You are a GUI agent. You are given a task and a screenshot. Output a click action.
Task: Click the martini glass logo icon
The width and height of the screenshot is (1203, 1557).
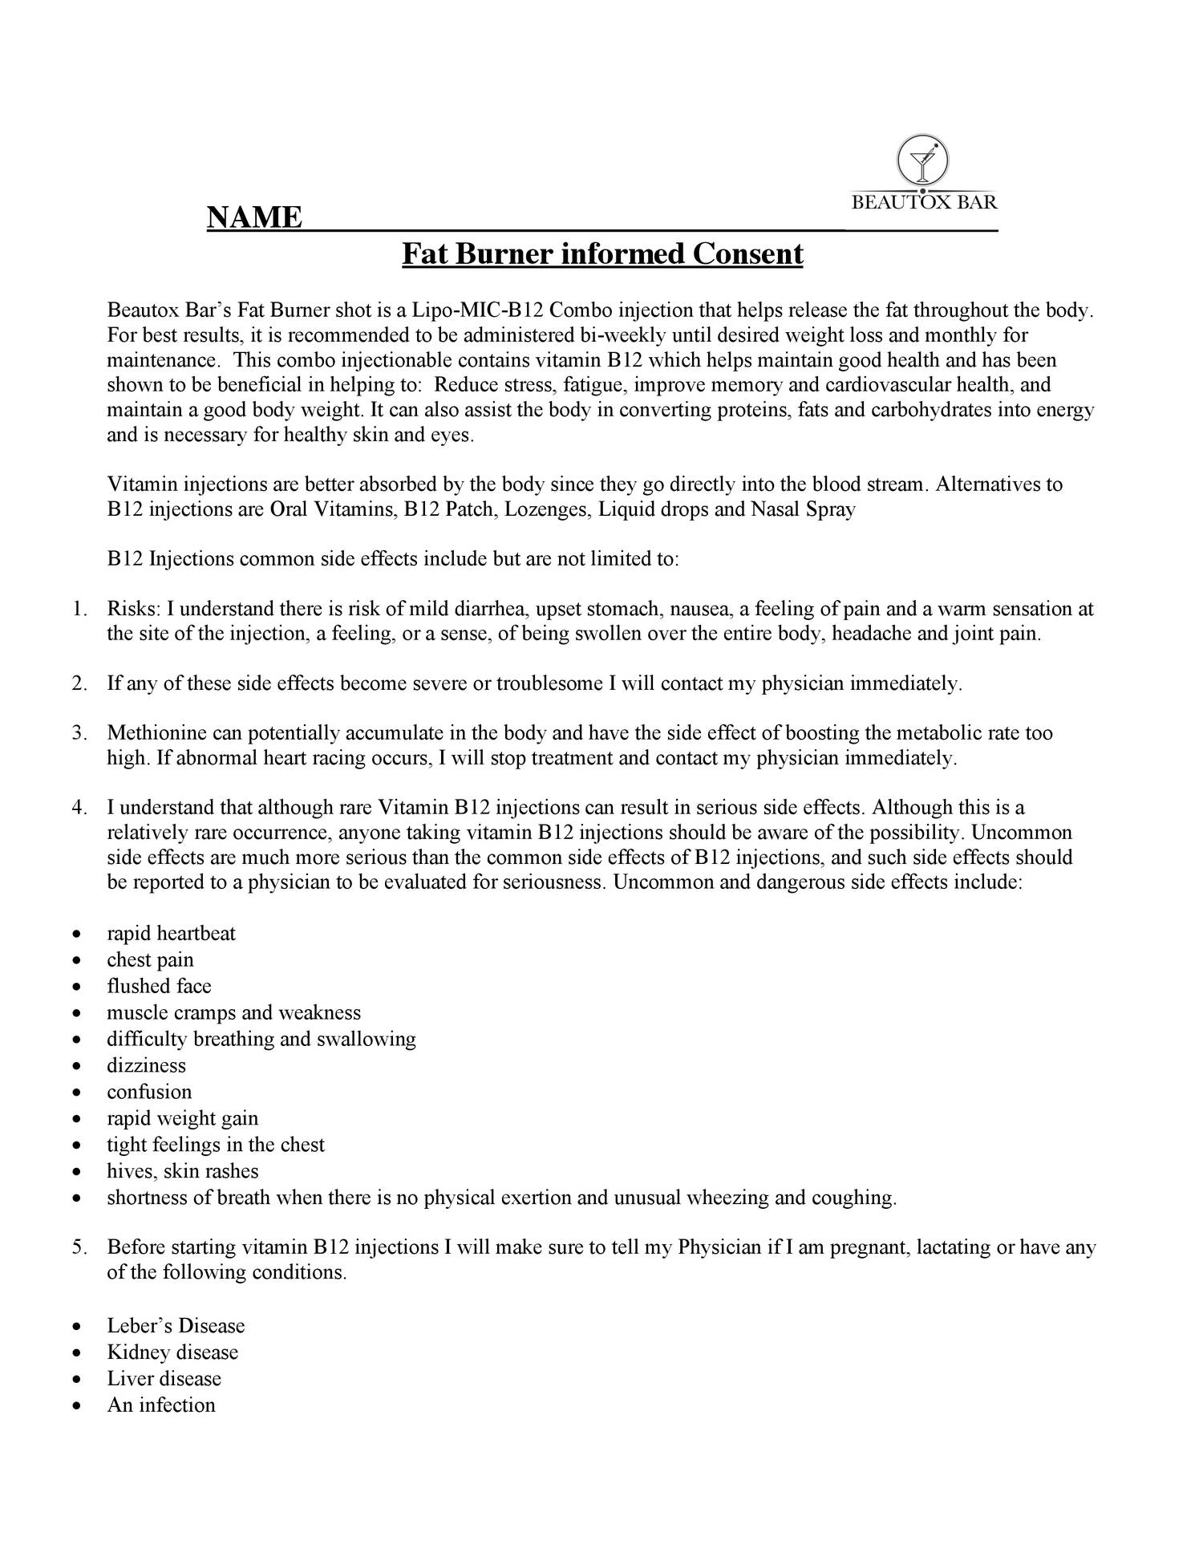click(x=923, y=158)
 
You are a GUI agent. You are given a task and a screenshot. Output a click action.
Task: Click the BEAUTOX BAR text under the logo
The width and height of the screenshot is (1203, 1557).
click(x=924, y=202)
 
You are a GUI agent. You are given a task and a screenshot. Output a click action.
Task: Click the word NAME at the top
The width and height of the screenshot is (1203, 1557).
click(x=254, y=217)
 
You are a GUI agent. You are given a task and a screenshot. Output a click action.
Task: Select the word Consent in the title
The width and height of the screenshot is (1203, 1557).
click(x=748, y=254)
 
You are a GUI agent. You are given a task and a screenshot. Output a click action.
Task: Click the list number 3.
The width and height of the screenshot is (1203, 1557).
click(x=79, y=732)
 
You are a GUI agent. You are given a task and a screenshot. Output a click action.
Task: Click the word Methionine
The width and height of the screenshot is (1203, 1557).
click(x=157, y=732)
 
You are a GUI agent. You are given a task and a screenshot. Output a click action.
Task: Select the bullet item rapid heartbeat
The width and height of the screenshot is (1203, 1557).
click(x=172, y=933)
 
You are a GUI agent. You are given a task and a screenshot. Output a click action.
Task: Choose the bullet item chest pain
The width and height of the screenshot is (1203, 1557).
click(x=150, y=959)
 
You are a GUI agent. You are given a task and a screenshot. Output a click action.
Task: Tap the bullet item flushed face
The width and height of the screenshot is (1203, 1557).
click(x=159, y=986)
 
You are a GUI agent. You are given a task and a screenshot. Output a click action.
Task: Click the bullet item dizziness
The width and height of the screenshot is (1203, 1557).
click(x=146, y=1065)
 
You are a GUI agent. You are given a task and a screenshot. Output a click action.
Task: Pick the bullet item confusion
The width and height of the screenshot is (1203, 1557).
click(x=149, y=1092)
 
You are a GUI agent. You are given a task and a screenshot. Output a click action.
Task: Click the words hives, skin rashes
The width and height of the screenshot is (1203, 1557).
click(x=183, y=1171)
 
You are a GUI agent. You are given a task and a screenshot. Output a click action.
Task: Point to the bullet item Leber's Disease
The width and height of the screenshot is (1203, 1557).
click(x=176, y=1325)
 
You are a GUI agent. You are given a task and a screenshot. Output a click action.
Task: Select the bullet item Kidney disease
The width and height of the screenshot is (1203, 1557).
click(x=172, y=1352)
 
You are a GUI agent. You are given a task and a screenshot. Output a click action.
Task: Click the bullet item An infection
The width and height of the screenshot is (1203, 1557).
click(x=161, y=1405)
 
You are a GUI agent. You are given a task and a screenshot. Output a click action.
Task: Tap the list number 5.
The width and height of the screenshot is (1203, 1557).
click(x=79, y=1247)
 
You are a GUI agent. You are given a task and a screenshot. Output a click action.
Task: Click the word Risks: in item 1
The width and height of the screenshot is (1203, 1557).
click(x=134, y=609)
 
